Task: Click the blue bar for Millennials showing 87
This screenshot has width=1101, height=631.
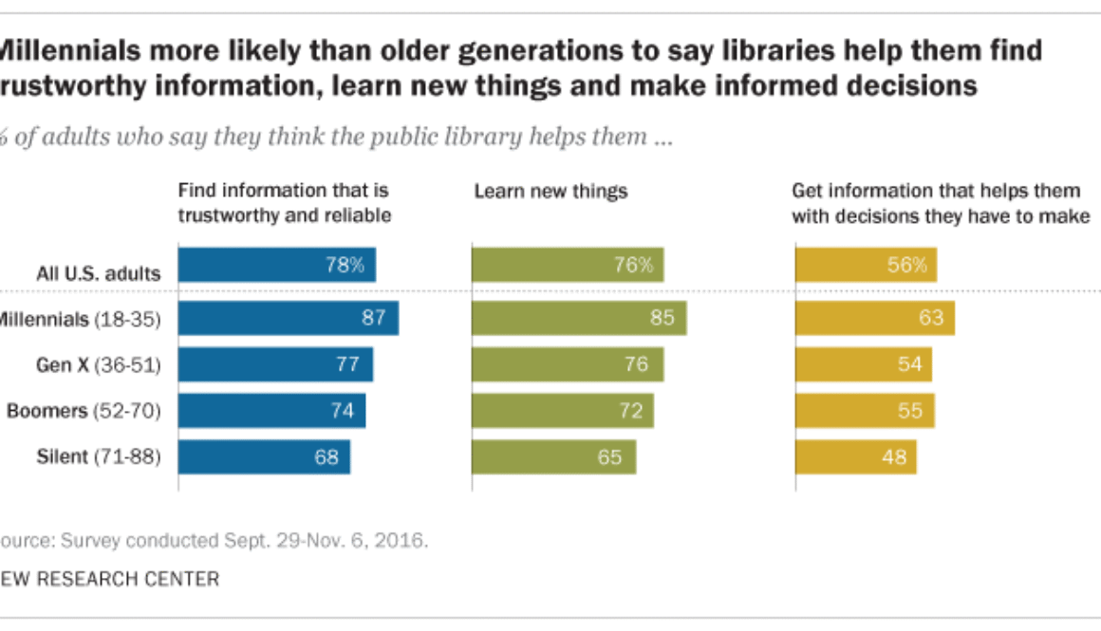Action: coord(288,318)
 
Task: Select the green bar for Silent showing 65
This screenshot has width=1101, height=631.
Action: coord(553,456)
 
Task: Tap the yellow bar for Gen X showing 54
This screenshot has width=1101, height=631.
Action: coord(863,364)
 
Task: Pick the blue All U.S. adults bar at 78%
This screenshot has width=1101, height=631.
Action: coord(276,266)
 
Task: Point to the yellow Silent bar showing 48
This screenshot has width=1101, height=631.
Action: coord(855,456)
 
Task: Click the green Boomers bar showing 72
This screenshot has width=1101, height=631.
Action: coord(562,411)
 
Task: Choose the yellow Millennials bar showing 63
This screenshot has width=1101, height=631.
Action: coord(874,318)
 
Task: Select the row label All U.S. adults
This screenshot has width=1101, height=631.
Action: coord(98,274)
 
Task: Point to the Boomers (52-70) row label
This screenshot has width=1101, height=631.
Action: coord(84,411)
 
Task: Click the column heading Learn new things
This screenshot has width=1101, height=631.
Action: coord(550,192)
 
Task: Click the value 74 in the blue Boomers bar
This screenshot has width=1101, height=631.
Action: coord(342,411)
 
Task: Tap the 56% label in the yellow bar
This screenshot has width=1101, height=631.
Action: coord(906,266)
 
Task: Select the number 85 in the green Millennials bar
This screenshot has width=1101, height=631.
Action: coord(662,318)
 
